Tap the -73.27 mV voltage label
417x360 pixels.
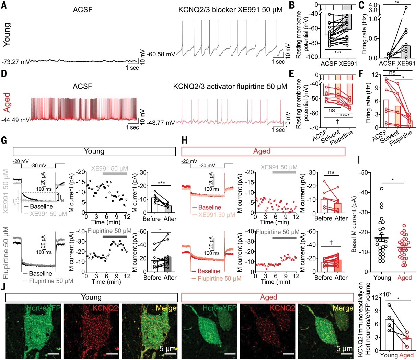tap(15, 62)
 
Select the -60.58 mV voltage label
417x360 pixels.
tap(161, 54)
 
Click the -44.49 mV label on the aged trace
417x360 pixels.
tap(15, 120)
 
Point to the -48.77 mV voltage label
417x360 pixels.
tap(161, 123)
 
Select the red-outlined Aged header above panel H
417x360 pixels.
tap(263, 151)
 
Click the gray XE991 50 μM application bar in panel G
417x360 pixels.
tap(115, 174)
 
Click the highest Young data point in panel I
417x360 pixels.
tap(381, 189)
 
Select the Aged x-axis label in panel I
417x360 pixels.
tap(404, 278)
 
